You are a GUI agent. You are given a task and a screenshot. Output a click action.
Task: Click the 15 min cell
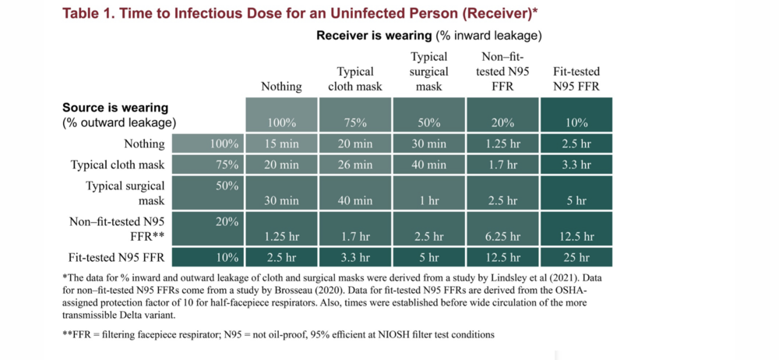(x=281, y=143)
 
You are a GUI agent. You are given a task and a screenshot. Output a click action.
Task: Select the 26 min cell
(x=355, y=164)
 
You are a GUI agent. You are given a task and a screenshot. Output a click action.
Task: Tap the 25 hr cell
(x=576, y=258)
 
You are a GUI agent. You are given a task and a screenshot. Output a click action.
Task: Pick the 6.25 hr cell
(x=502, y=237)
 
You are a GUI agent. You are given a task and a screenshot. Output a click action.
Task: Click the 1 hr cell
(x=429, y=200)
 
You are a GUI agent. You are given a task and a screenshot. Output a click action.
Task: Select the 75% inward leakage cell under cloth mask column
(x=355, y=122)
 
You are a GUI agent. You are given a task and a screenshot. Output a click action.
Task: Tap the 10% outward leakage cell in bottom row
(x=228, y=258)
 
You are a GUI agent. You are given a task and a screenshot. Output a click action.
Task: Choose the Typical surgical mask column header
(x=429, y=72)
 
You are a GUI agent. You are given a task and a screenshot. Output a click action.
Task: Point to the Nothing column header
(x=281, y=86)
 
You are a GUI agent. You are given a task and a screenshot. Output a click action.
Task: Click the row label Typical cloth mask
(x=118, y=164)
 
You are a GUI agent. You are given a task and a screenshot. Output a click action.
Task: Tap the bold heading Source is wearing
(x=115, y=108)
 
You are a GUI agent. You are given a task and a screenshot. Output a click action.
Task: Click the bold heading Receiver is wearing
(x=373, y=36)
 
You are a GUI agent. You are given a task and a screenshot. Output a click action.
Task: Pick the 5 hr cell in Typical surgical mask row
(x=576, y=200)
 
